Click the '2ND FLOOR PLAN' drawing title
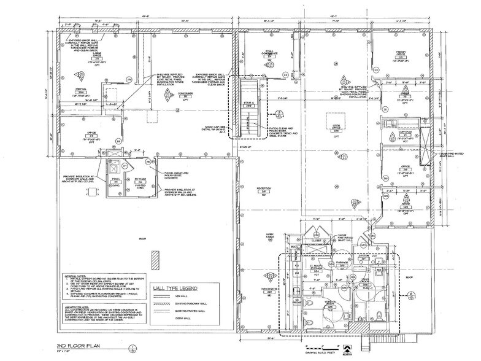78,346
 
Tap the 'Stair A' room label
249,104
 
